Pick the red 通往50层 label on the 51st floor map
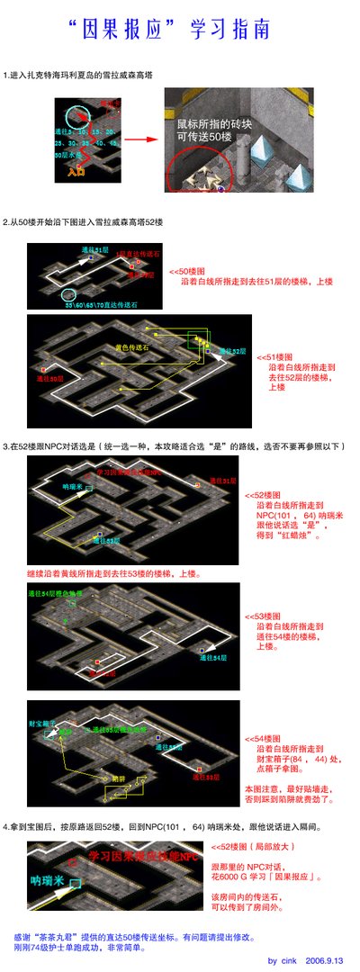point(54,381)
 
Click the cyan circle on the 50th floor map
point(68,294)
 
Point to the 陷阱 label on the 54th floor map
point(118,778)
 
